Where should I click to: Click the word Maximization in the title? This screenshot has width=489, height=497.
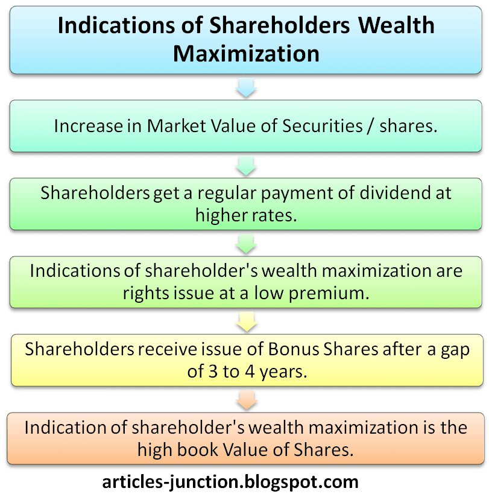(246, 54)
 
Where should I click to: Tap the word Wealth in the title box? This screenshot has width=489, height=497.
(396, 25)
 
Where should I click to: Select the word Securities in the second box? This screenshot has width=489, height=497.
(323, 126)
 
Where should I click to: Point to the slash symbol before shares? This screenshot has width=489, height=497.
(371, 127)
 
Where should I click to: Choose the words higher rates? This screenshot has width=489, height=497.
(246, 215)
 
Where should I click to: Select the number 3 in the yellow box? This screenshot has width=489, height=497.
(213, 372)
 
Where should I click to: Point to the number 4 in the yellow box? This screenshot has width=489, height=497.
(250, 372)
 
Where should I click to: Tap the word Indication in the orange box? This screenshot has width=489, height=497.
(66, 428)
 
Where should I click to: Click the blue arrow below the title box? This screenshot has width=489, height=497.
(246, 88)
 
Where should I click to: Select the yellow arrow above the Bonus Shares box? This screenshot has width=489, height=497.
(247, 322)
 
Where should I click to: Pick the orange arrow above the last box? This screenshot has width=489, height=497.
(247, 400)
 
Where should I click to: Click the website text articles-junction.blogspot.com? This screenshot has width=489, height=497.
(230, 482)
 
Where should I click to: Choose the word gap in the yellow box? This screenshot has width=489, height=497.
(455, 350)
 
